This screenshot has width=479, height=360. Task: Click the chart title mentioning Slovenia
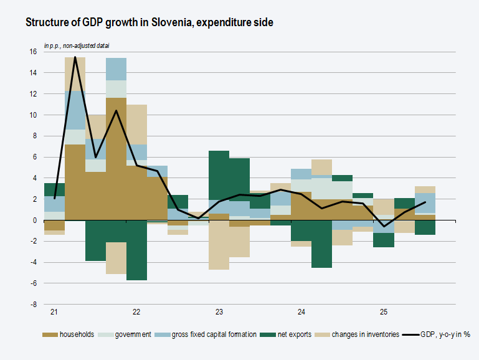click(149, 22)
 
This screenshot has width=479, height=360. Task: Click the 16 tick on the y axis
click(32, 52)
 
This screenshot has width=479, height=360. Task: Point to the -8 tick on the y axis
click(34, 305)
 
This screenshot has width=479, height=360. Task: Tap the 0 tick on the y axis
click(34, 220)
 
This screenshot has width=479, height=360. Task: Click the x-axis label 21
click(54, 311)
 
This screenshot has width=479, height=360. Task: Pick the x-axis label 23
click(219, 311)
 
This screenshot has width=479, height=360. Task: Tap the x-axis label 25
click(384, 311)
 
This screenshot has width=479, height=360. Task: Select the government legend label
click(132, 335)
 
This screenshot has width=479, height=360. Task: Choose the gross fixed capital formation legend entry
click(212, 335)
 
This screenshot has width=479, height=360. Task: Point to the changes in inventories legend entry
click(365, 335)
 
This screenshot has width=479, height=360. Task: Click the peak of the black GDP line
click(75, 57)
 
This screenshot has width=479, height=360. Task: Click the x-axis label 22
click(136, 311)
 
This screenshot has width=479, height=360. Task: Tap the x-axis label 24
click(301, 311)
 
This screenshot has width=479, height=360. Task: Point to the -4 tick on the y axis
click(34, 262)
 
